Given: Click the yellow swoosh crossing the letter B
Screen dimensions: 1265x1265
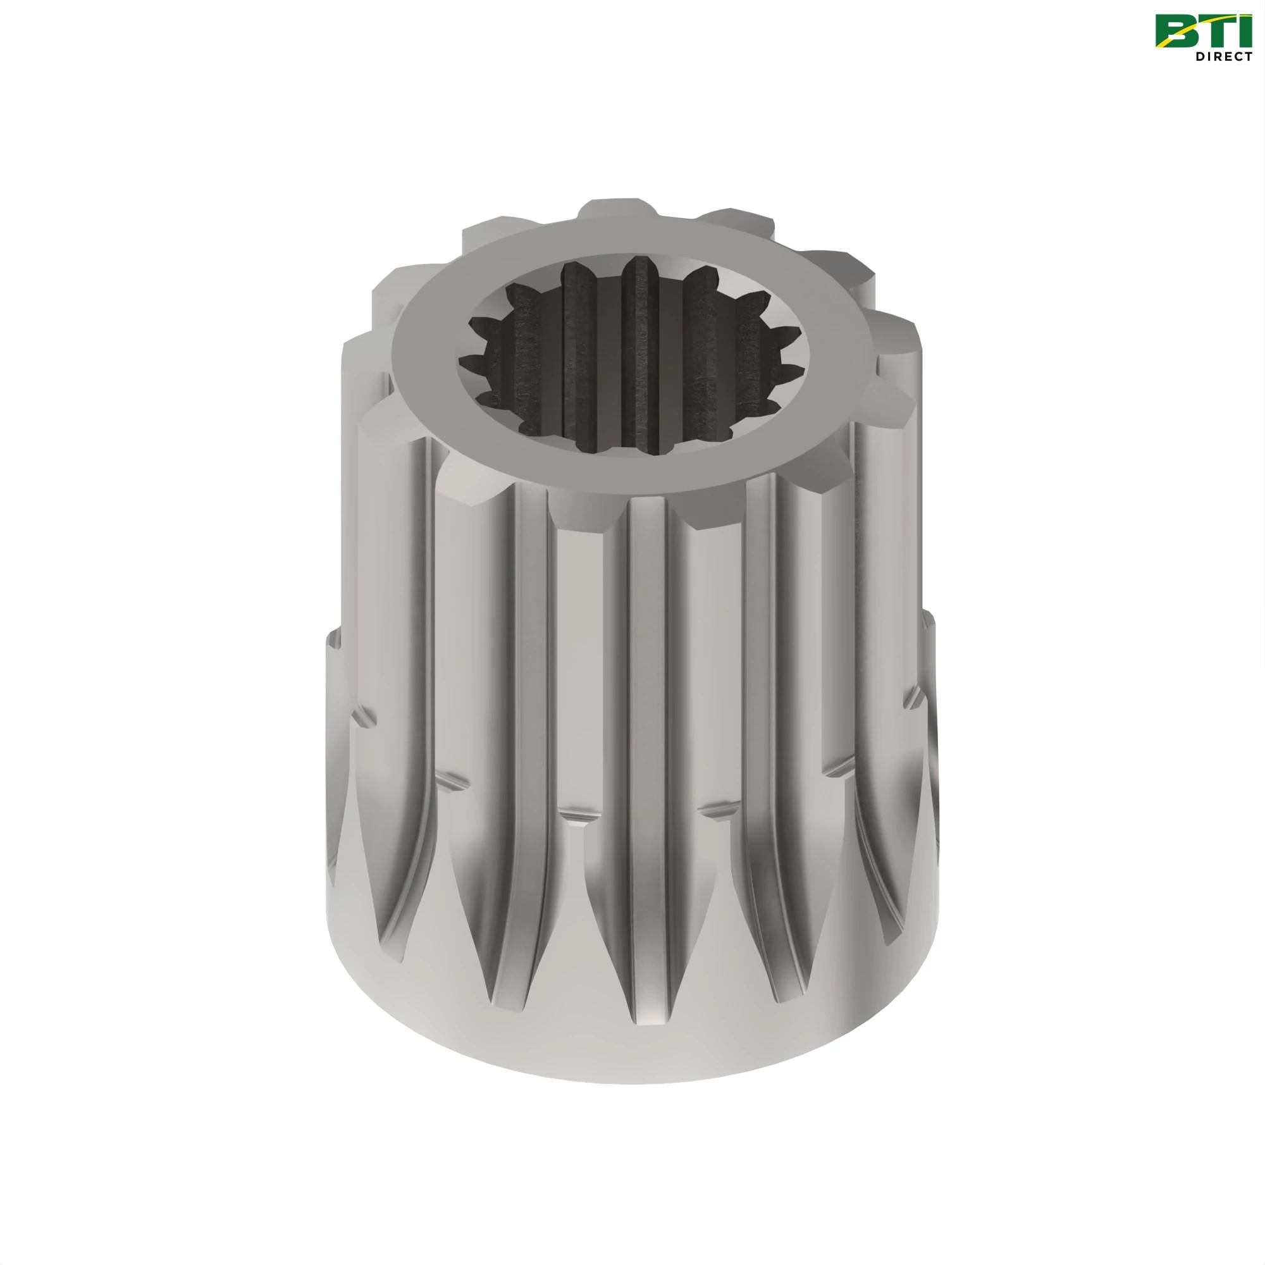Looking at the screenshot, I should click(x=1175, y=40).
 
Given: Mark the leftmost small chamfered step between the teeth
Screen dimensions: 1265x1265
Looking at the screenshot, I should click(x=364, y=717).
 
